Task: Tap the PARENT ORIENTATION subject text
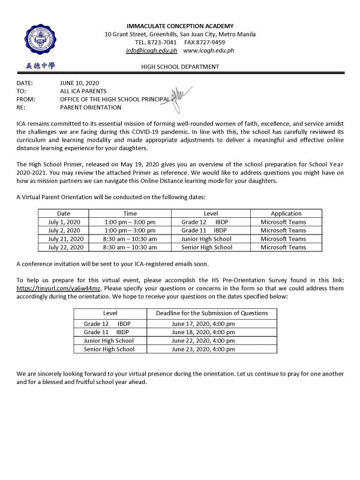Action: coord(91,107)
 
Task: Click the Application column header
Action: coord(286,214)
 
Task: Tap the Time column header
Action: coord(130,214)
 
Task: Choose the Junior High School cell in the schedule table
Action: coord(206,239)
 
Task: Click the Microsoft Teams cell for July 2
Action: coord(286,230)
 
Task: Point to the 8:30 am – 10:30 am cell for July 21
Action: coord(130,239)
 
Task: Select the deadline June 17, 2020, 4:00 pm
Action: coord(203,323)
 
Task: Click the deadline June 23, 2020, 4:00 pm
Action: coord(203,349)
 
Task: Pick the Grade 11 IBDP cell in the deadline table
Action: coord(107,332)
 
